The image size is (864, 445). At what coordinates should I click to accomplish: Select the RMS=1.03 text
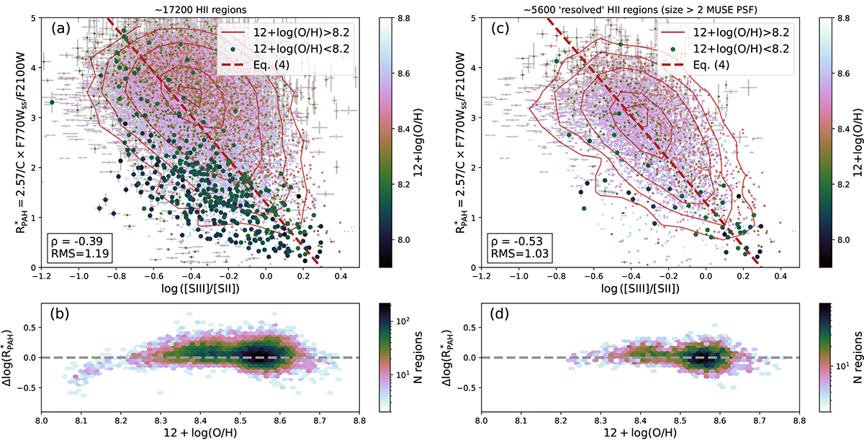[x=508, y=254]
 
